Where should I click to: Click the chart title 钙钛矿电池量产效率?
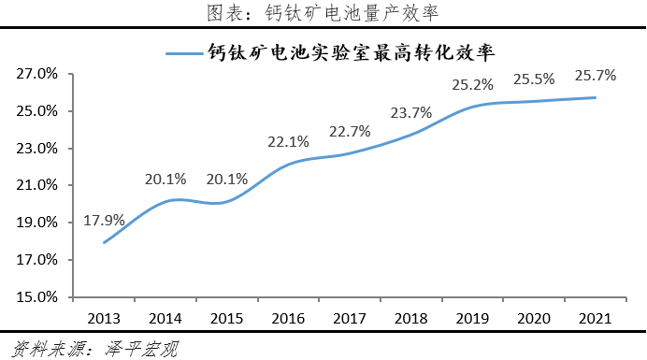(x=323, y=13)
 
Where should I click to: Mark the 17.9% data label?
(x=104, y=221)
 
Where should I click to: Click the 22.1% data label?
(x=288, y=142)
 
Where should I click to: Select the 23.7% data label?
(x=411, y=113)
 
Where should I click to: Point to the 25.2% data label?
(x=473, y=84)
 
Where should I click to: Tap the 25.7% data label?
(x=596, y=75)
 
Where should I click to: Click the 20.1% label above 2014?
(x=165, y=180)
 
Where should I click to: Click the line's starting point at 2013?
(x=103, y=243)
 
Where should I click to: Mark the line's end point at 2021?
(x=596, y=97)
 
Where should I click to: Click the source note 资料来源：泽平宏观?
(x=90, y=349)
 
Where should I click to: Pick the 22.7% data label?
(x=350, y=131)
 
